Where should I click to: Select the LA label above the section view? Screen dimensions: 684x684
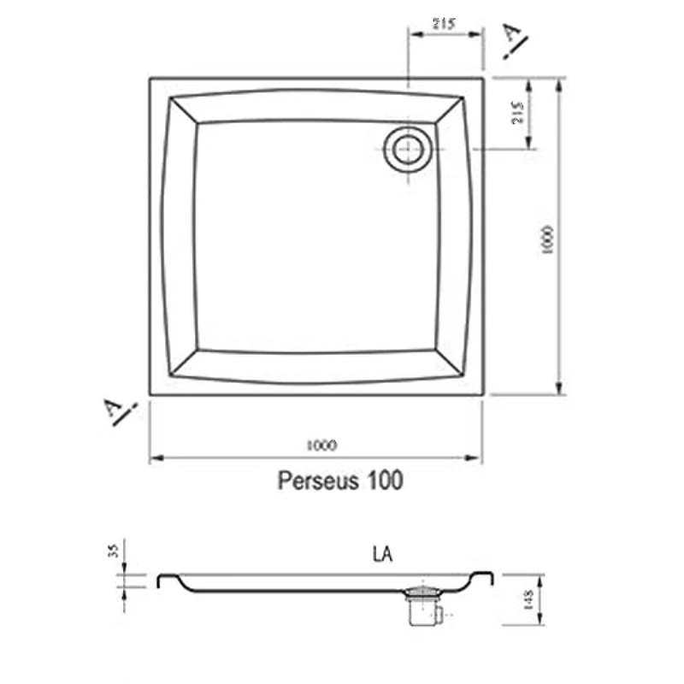pyautogui.click(x=382, y=554)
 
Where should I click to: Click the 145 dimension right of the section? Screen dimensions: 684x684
pyautogui.click(x=528, y=600)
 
